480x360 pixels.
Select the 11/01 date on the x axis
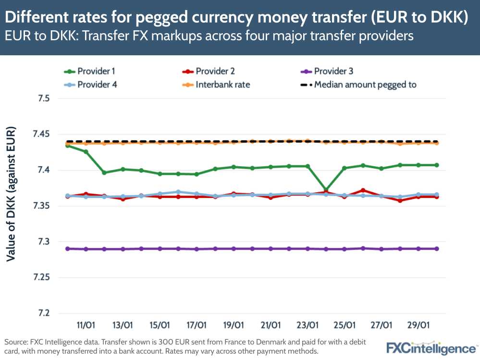86,325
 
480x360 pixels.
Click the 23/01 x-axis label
308,325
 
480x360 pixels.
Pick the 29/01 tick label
418,325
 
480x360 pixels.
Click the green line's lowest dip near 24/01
326,190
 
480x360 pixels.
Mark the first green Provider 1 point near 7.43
68,145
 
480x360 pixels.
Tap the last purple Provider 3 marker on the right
437,248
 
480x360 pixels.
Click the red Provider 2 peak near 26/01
363,190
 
